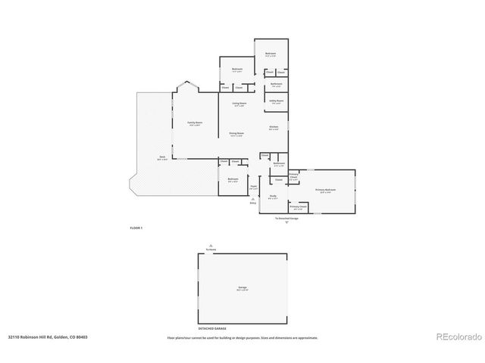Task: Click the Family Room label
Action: click(194, 123)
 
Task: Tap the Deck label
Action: click(161, 159)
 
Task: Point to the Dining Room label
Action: click(236, 133)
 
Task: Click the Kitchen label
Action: click(274, 127)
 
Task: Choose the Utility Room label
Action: click(276, 101)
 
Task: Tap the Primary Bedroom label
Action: click(325, 191)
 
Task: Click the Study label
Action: click(272, 197)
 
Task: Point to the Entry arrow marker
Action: click(253, 203)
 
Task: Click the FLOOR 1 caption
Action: click(136, 227)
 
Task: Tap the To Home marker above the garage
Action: click(211, 248)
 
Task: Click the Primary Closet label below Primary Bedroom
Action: click(298, 206)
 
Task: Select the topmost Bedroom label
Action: click(271, 54)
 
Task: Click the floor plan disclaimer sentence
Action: click(242, 338)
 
